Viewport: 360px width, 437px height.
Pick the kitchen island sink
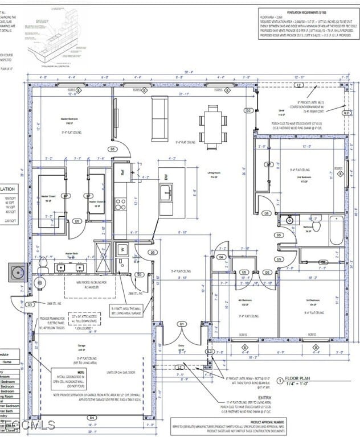click(x=166, y=194)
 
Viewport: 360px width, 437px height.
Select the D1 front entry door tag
click(x=182, y=324)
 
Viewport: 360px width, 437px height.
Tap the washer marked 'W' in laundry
click(x=121, y=249)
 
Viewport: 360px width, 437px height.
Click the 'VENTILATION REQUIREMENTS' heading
click(x=303, y=11)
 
